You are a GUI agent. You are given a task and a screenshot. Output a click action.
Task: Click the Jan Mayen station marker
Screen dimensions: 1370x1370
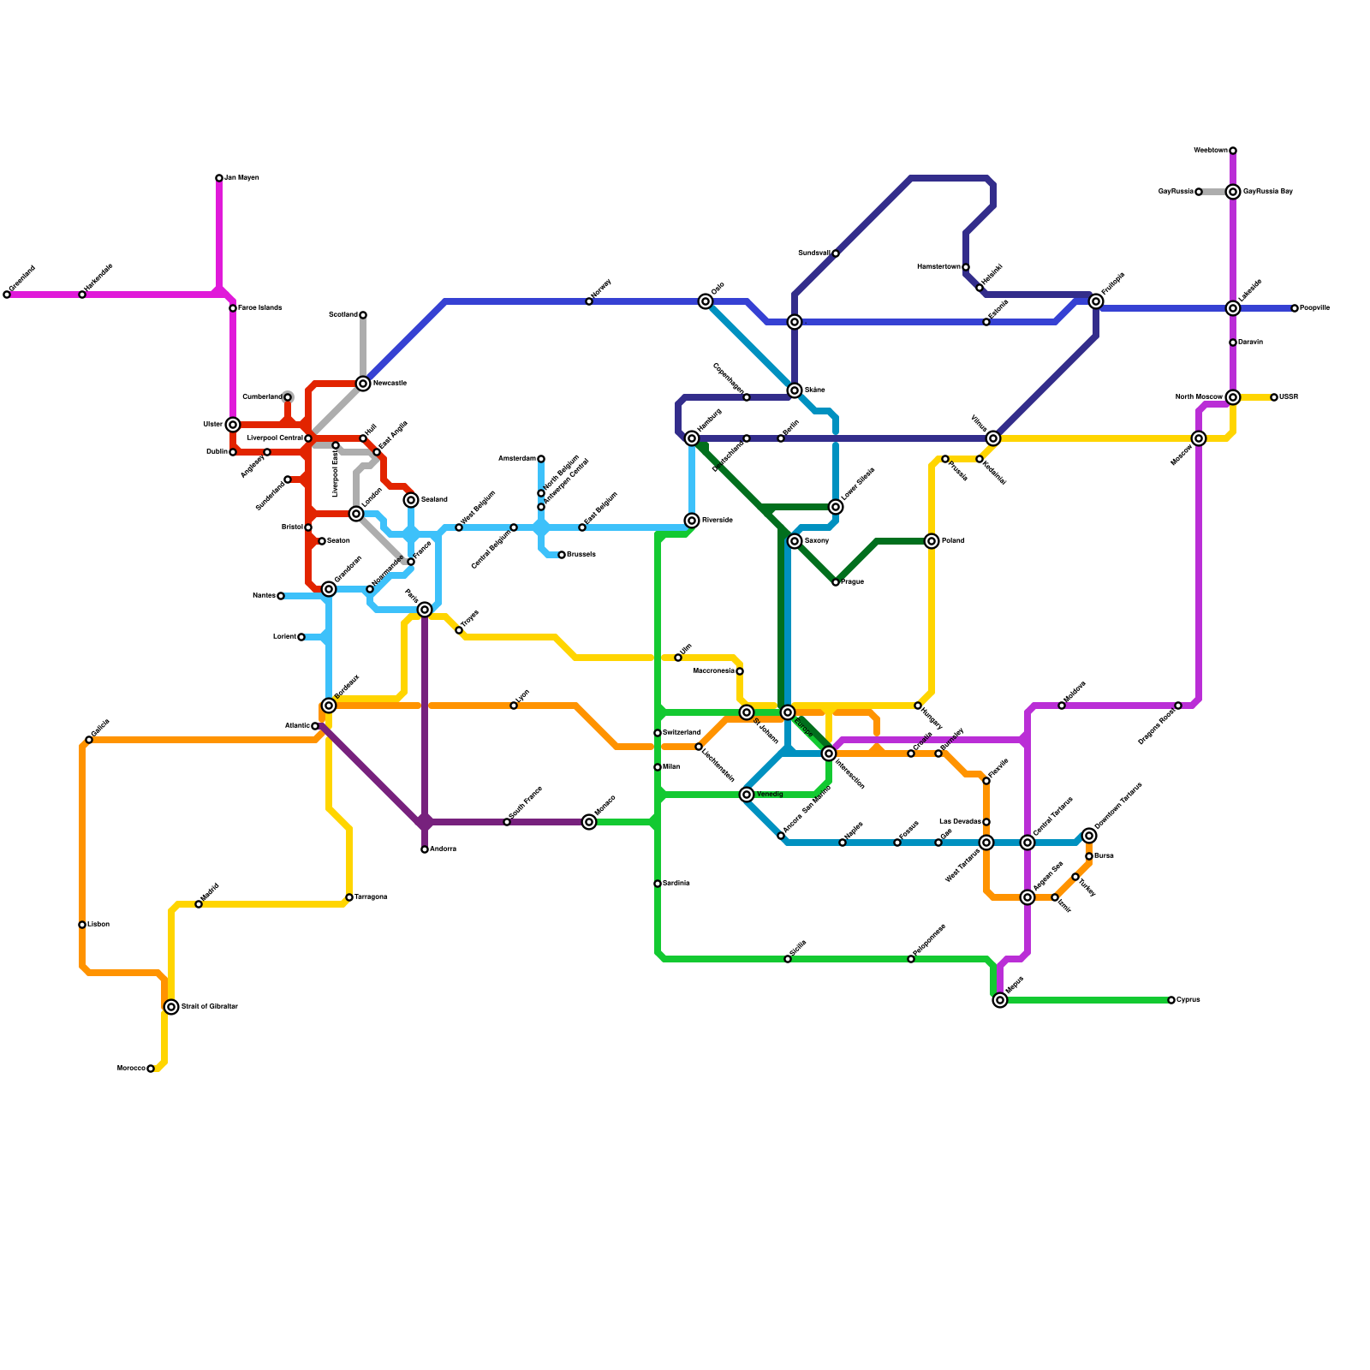[219, 178]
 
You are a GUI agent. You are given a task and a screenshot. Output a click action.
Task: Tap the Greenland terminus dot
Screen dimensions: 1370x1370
[7, 295]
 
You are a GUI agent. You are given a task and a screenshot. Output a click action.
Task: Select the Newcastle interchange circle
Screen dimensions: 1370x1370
[363, 384]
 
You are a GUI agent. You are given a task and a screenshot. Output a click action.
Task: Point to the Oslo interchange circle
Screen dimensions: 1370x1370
[706, 301]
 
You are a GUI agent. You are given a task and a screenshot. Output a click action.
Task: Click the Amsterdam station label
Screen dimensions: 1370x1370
[516, 459]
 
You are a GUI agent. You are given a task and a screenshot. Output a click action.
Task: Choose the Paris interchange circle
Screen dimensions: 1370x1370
[425, 610]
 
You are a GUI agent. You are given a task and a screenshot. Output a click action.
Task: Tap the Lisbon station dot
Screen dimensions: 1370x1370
[82, 925]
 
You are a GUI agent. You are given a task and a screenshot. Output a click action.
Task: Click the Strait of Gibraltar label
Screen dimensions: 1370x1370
[210, 1007]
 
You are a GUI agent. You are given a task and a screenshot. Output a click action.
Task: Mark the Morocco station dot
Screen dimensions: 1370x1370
[151, 1069]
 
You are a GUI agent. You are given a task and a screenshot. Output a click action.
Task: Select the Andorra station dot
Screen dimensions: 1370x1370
[425, 849]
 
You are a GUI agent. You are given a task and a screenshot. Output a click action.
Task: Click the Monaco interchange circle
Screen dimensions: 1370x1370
[589, 822]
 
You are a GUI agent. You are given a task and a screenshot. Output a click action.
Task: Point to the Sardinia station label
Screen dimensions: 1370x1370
[676, 884]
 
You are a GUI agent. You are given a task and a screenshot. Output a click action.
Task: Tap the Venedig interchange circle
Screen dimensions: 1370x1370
[747, 795]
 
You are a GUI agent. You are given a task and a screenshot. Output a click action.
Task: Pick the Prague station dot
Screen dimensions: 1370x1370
[836, 582]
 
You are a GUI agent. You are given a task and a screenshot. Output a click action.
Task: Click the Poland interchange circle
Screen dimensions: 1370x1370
[932, 541]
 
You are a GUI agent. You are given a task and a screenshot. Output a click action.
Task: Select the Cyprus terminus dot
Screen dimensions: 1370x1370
[1171, 1000]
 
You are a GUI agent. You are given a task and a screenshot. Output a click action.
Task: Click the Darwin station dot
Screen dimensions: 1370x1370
[1233, 342]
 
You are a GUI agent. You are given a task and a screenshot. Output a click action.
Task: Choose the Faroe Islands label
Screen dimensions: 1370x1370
[259, 308]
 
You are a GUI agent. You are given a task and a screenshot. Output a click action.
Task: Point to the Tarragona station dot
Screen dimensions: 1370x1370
[349, 897]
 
